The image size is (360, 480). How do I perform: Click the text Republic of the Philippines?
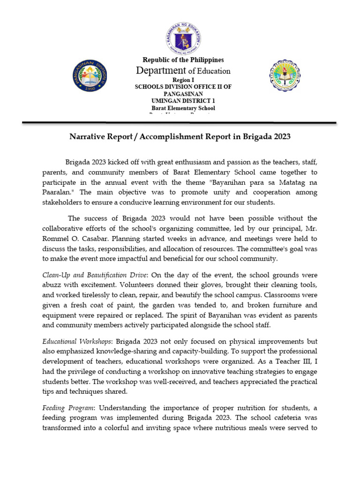pos(183,60)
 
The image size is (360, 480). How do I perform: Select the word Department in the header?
pos(161,71)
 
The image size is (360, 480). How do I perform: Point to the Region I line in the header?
pos(183,80)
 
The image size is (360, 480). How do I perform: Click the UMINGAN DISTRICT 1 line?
pos(183,101)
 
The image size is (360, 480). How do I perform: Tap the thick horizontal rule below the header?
pos(180,123)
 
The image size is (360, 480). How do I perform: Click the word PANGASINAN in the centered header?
pos(183,94)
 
